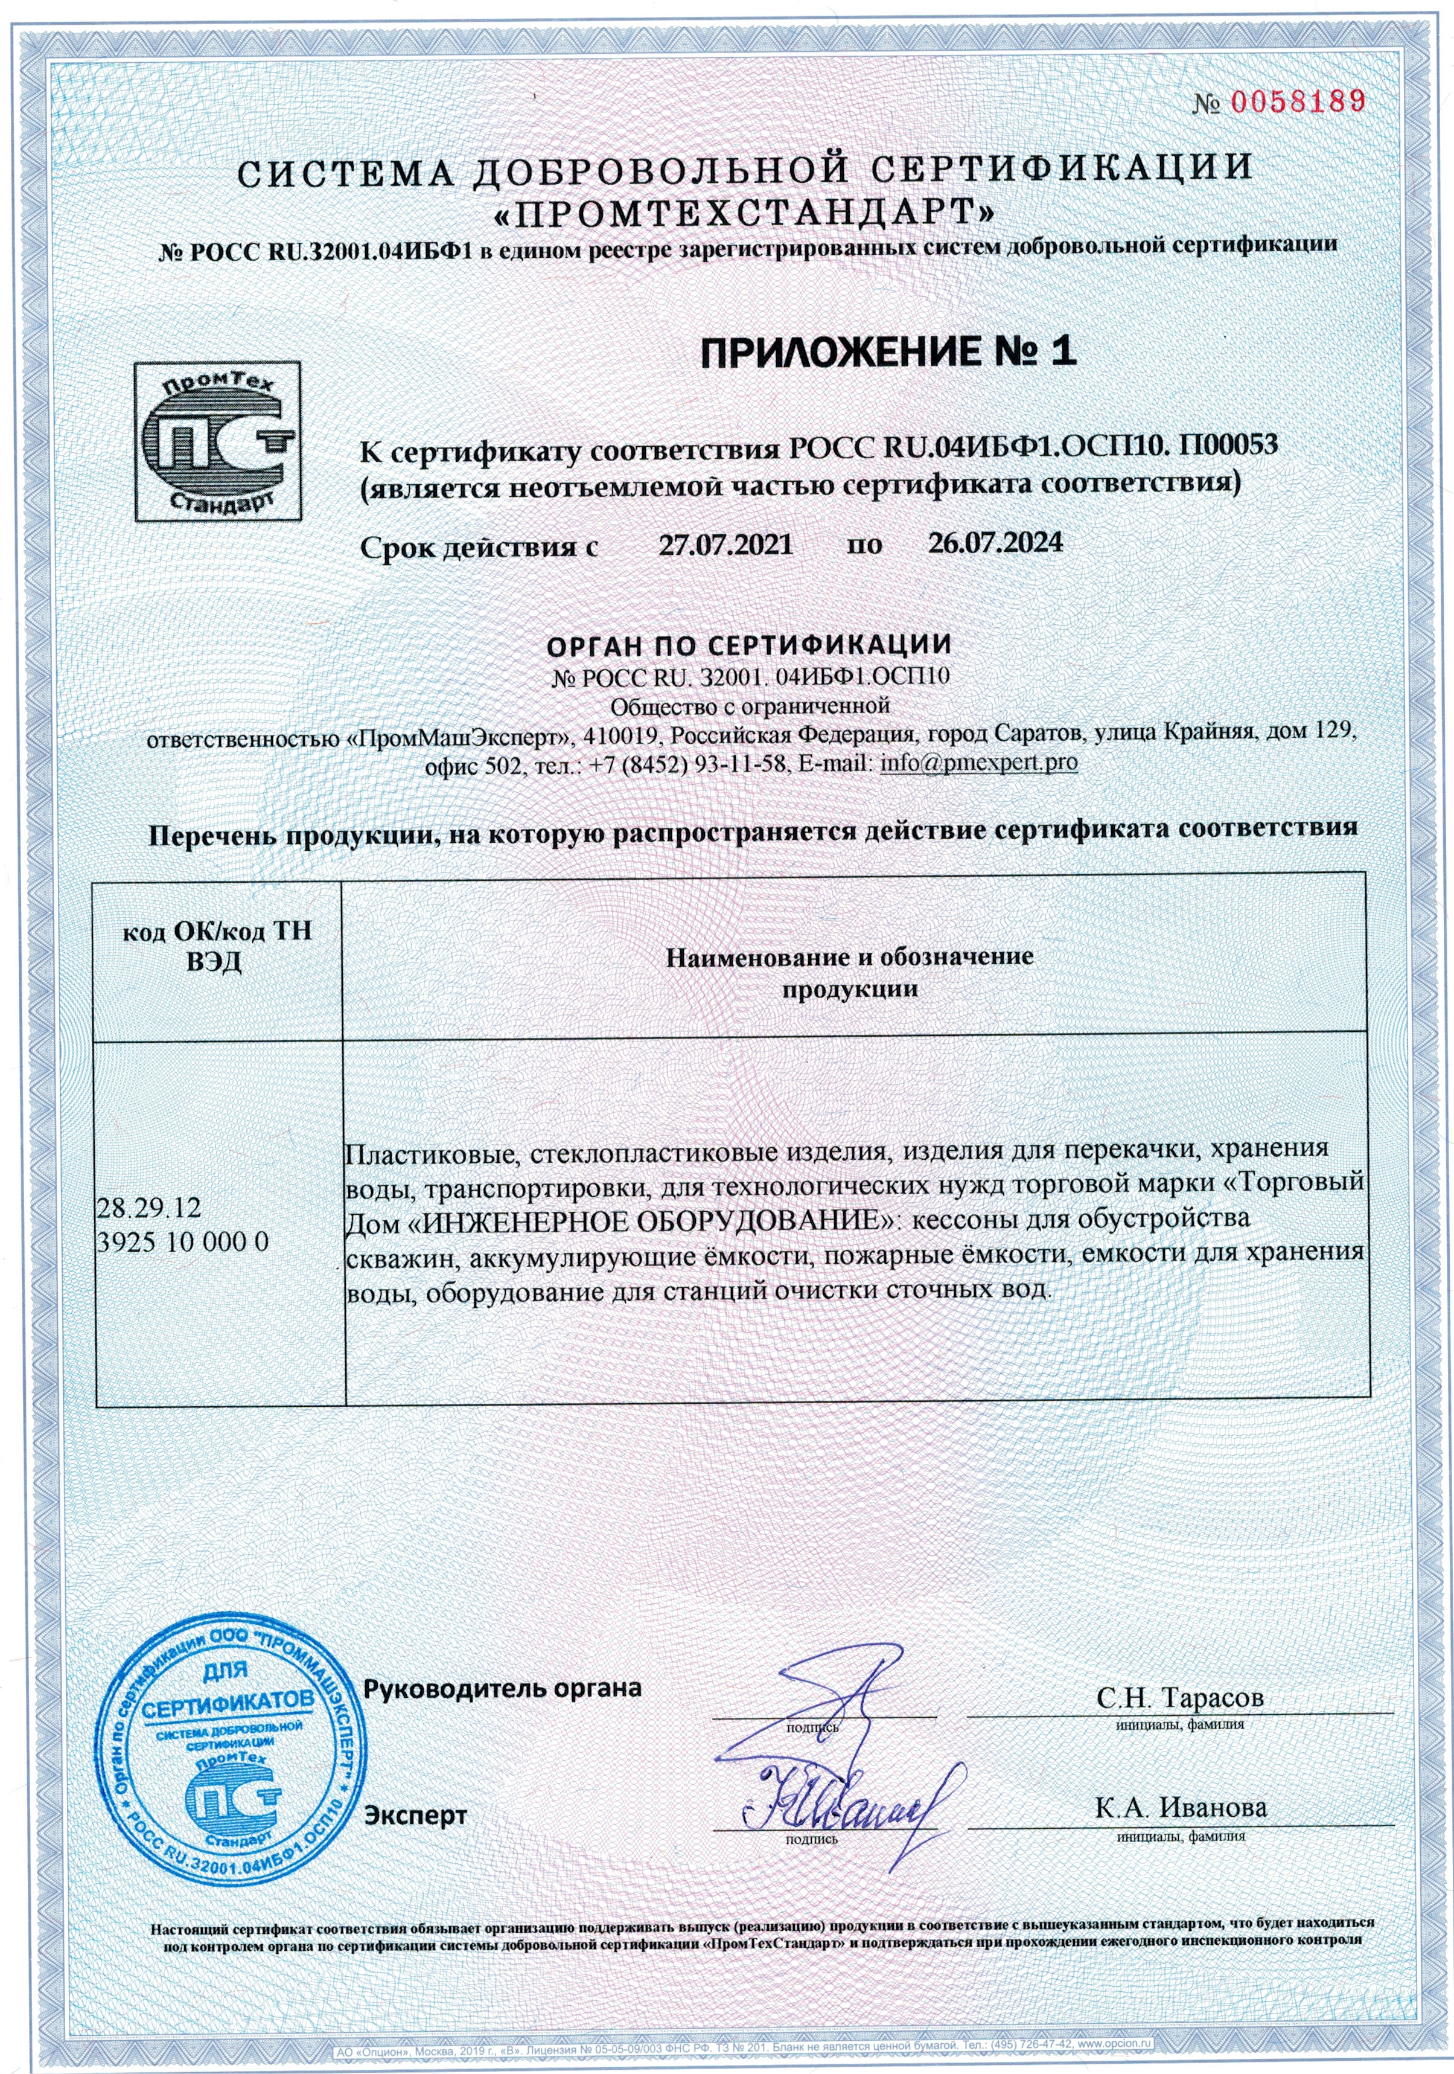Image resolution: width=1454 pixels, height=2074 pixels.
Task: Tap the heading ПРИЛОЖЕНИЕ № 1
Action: [x=888, y=351]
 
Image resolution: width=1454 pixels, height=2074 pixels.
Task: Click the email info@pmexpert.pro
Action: [x=978, y=763]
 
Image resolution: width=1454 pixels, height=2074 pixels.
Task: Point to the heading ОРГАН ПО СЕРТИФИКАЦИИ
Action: [x=748, y=645]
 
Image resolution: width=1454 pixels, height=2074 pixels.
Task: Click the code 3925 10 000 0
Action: [x=182, y=1242]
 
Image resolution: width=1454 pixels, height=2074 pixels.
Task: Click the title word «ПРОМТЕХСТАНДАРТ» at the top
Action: [x=747, y=213]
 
